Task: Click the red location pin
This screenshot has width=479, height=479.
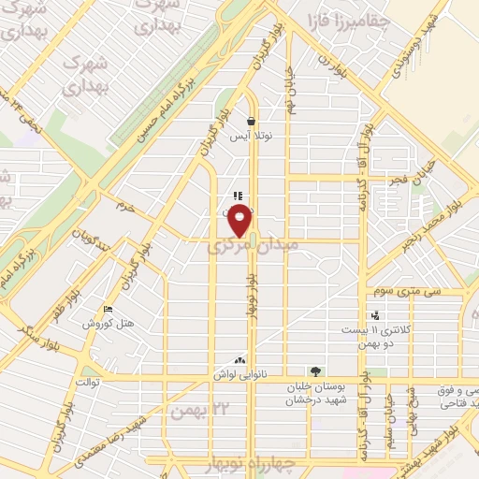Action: tap(240, 221)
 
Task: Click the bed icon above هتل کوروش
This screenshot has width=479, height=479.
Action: tap(109, 309)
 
